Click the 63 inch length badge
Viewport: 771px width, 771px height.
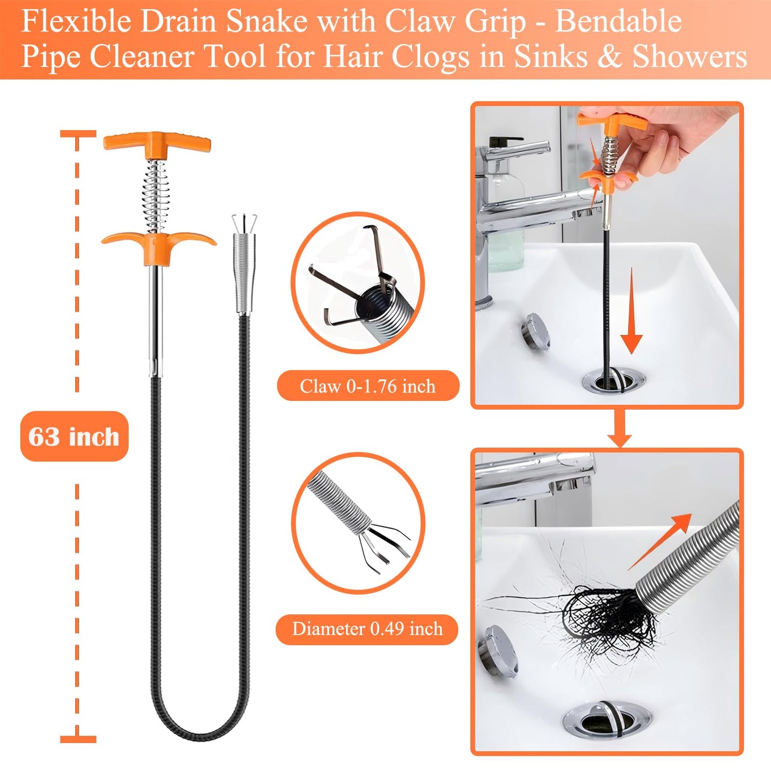coord(74,436)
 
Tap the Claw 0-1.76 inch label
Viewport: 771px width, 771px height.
coord(368,386)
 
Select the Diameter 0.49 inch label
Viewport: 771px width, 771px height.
coord(367,629)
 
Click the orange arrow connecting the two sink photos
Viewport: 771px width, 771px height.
coord(619,429)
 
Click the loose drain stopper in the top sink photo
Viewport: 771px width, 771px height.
coord(536,331)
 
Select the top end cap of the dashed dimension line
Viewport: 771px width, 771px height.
coord(78,134)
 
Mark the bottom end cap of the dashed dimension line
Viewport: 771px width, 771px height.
coord(78,739)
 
